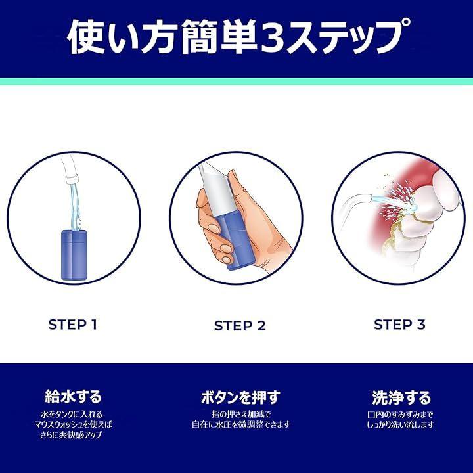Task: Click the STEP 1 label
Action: (x=72, y=325)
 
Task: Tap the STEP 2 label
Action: (x=240, y=326)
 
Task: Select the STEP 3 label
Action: (x=399, y=325)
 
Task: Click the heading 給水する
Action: (x=73, y=396)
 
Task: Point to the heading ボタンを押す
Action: (x=240, y=397)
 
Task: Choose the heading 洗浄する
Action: (x=401, y=397)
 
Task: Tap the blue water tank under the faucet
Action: (x=74, y=255)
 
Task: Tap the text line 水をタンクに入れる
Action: (x=72, y=414)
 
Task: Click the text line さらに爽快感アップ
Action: (x=71, y=435)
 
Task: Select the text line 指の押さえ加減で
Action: (x=240, y=414)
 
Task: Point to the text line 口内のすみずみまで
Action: (x=400, y=414)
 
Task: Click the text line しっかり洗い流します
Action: (x=400, y=425)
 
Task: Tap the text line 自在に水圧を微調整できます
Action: (x=241, y=424)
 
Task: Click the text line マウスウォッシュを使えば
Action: (x=74, y=424)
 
